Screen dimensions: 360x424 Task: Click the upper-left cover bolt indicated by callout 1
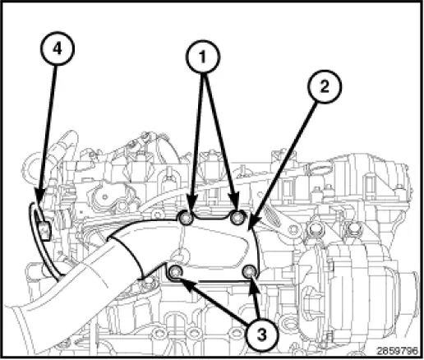[187, 219]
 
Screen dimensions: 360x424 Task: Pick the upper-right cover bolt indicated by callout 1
[238, 218]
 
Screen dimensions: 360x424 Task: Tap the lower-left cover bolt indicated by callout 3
[175, 271]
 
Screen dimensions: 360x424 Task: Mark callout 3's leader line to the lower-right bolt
[256, 301]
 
